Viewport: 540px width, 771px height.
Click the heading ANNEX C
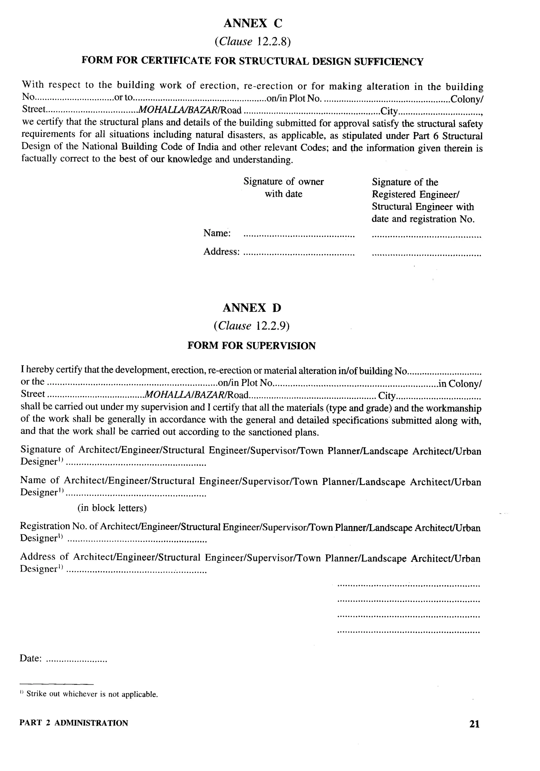(253, 23)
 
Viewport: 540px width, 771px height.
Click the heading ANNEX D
(252, 308)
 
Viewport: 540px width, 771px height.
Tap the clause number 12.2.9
(272, 326)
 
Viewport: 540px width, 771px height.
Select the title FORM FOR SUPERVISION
(251, 346)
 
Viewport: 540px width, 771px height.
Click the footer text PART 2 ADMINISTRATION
(74, 723)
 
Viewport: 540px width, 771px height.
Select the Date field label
(31, 658)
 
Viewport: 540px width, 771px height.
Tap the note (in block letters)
(112, 508)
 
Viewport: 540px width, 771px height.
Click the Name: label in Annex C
(217, 233)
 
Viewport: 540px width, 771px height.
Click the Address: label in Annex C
(221, 252)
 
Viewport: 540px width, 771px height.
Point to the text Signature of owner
(283, 182)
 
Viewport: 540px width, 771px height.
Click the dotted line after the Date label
(76, 660)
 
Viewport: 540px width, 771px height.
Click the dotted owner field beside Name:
(298, 236)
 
